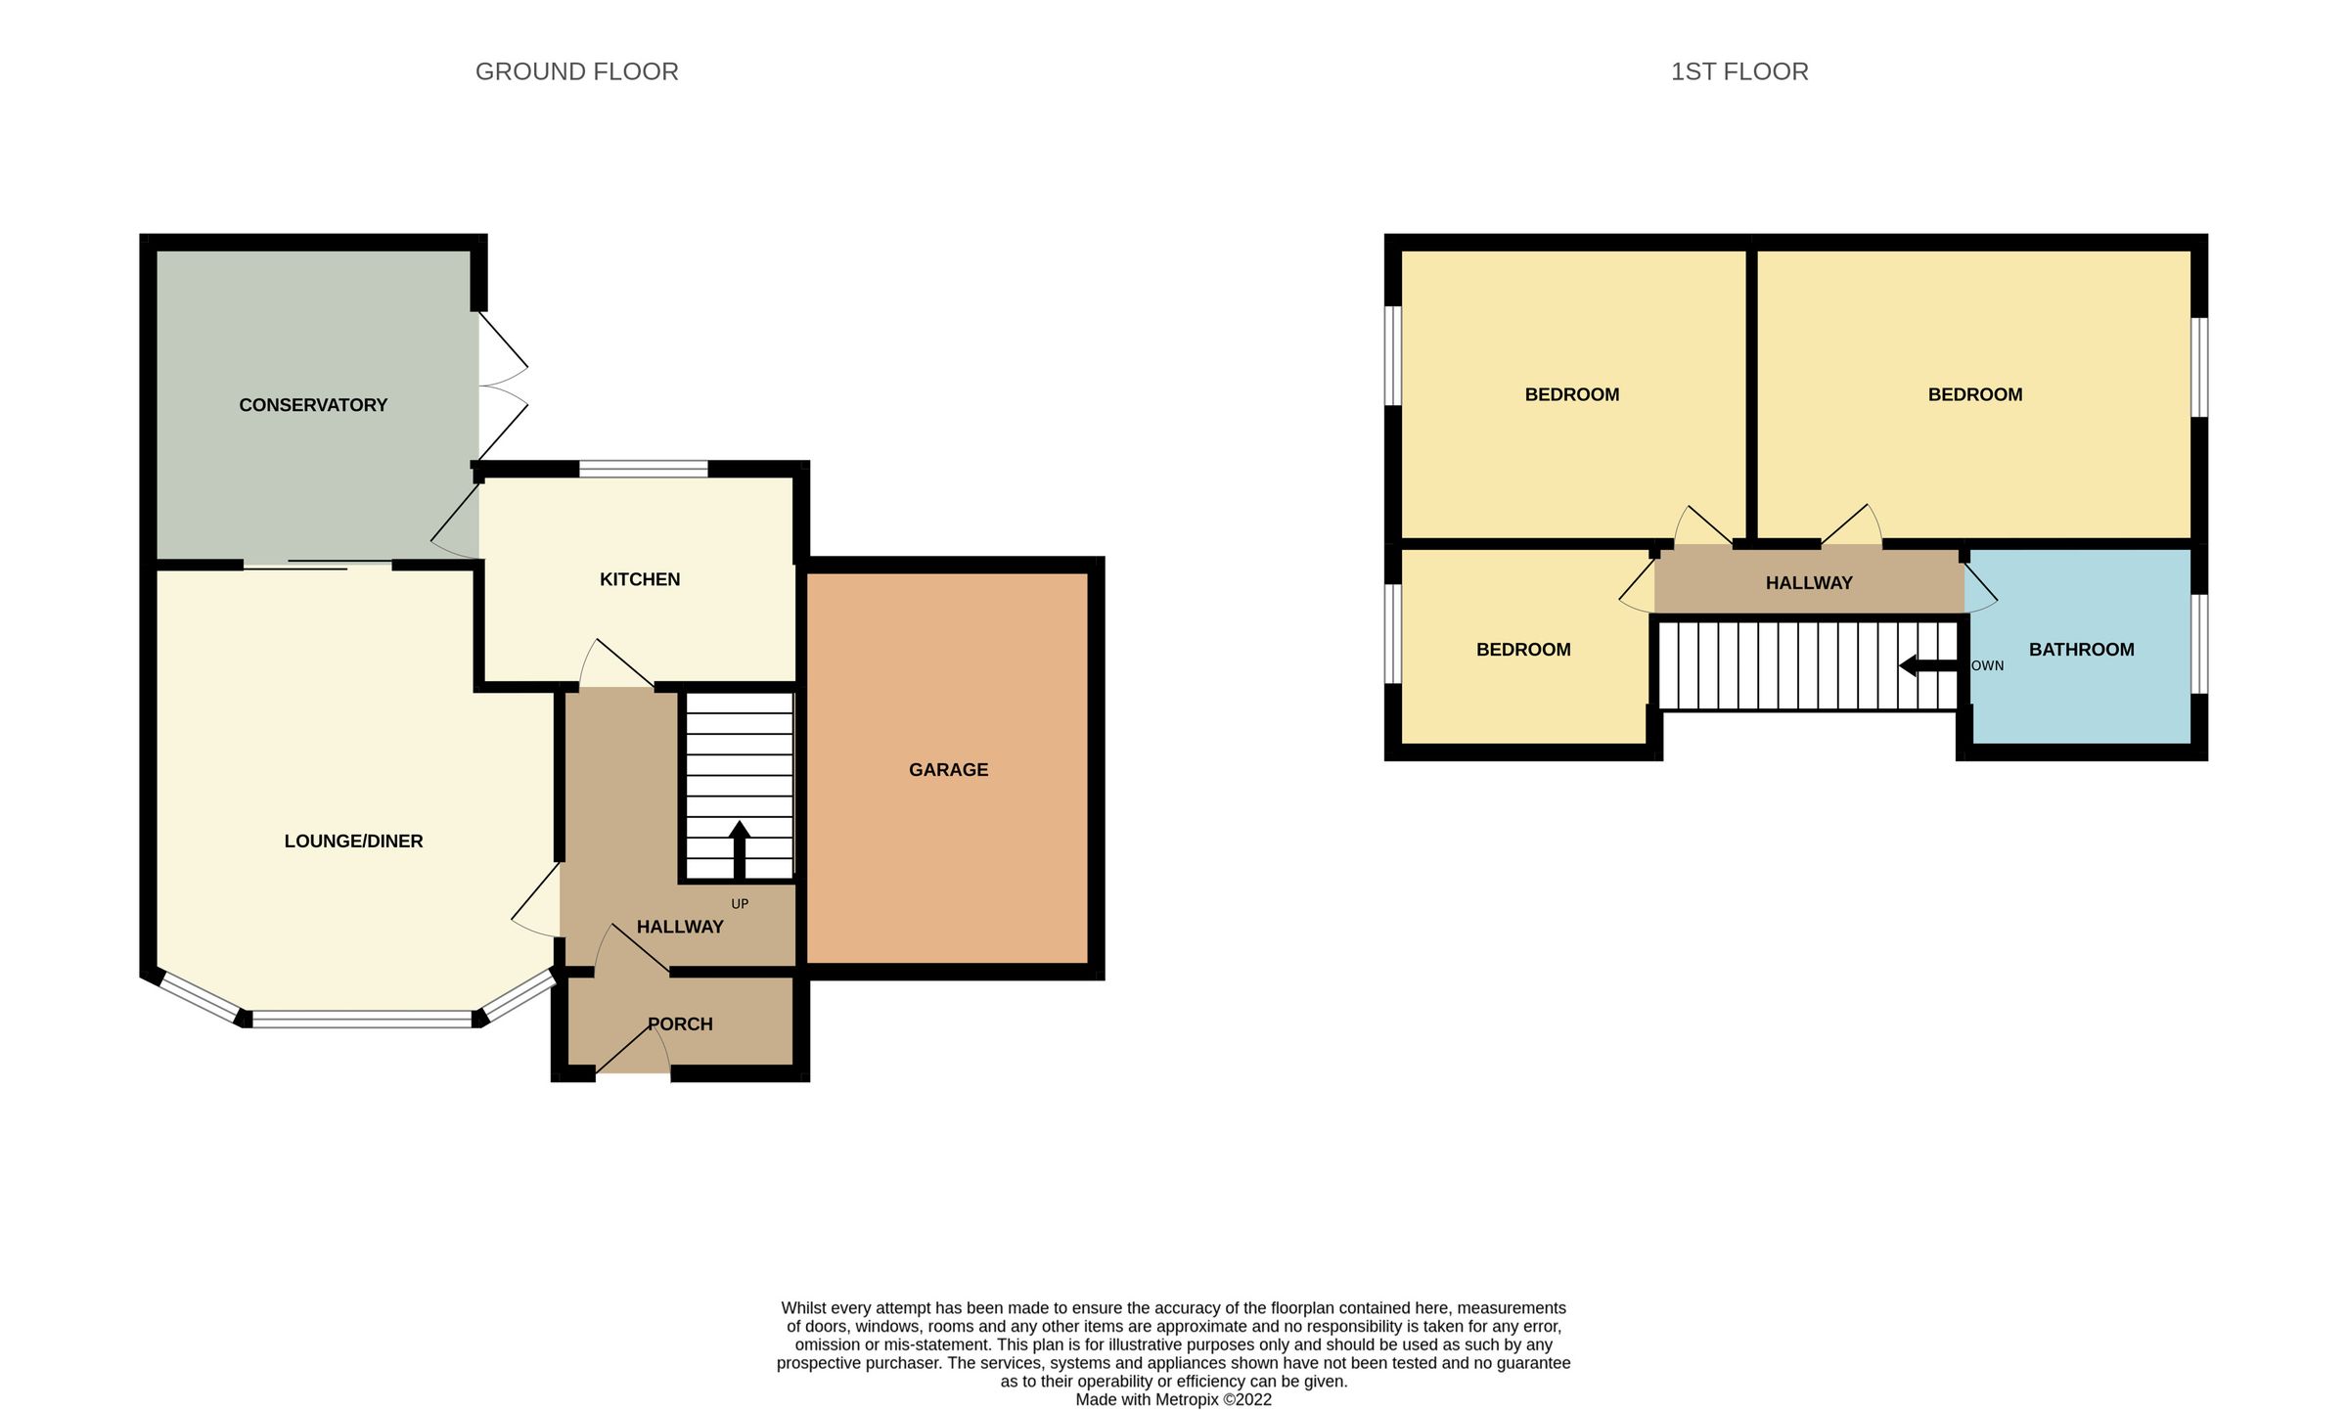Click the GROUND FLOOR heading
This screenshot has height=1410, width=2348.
coord(576,71)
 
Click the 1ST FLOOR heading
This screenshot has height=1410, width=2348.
coord(1738,71)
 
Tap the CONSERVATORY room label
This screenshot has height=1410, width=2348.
coord(313,405)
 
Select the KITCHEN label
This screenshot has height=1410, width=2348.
coord(640,579)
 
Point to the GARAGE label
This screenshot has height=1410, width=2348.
coord(948,770)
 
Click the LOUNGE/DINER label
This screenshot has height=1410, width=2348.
coord(353,841)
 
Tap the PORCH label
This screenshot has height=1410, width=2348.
coord(680,1024)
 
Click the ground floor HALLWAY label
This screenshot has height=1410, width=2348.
coord(680,927)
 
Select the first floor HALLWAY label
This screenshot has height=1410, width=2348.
coord(1808,583)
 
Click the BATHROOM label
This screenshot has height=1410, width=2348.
coord(2081,650)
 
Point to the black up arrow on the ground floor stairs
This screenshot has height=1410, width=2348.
coord(740,848)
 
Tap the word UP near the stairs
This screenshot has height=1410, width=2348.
coord(740,904)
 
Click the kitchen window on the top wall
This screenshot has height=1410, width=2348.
coord(643,469)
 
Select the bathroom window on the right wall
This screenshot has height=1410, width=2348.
coord(2198,643)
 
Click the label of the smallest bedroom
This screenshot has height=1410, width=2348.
coord(1522,650)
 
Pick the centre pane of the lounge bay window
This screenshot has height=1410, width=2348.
coord(362,1019)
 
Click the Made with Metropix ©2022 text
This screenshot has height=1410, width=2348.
coord(1173,1399)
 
